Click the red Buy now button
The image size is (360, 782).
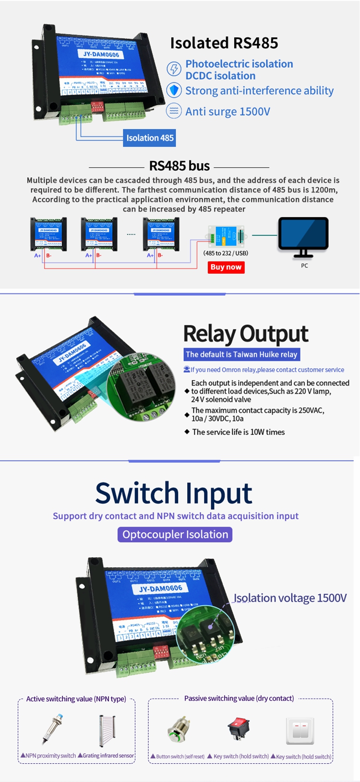(226, 267)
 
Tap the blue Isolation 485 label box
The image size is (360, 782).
(150, 138)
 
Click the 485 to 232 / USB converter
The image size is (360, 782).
(226, 237)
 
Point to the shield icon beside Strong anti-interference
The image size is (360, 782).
(174, 90)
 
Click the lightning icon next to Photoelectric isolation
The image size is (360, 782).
(174, 69)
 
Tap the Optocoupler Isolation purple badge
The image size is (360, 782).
(175, 534)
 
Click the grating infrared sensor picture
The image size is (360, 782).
(107, 730)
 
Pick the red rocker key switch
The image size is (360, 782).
(239, 728)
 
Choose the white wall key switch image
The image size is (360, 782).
(300, 730)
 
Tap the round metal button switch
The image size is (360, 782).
(179, 730)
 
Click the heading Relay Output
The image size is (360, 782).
(246, 334)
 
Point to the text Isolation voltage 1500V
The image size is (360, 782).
(290, 598)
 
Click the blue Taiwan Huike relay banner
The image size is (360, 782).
(241, 354)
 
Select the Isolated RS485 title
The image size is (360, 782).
(224, 43)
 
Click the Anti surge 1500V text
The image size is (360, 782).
(228, 111)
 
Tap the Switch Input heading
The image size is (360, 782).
(174, 493)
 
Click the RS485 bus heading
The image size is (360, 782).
(180, 166)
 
